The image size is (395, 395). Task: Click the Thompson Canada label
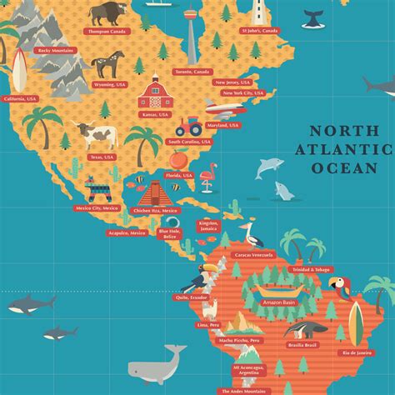pos(107,31)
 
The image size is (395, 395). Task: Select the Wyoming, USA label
pos(110,83)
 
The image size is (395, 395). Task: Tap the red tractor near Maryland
pos(188,127)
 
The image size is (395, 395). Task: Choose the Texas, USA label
pos(102,156)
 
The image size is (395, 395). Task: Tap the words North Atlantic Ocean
pos(350,149)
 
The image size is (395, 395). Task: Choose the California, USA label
pos(21,98)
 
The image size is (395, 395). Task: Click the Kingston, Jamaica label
pos(207,225)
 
